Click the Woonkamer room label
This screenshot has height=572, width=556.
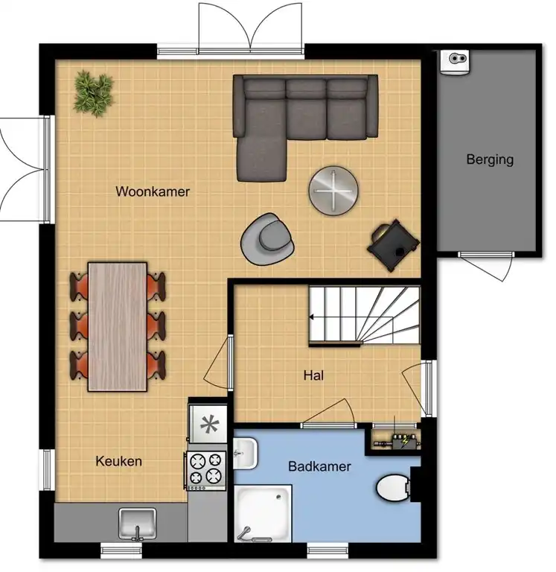tap(153, 191)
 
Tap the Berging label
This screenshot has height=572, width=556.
tap(490, 159)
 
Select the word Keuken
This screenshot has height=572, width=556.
tap(118, 461)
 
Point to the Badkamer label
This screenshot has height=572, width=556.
tap(319, 466)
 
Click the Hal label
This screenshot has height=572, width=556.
tap(313, 375)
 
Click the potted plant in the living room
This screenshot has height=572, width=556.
tap(94, 93)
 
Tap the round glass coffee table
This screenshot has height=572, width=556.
tap(333, 191)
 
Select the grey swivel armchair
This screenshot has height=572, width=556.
tap(267, 239)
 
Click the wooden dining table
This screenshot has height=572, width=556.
tap(118, 326)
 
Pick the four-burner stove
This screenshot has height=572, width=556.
tap(205, 471)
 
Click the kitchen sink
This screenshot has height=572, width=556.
tap(138, 524)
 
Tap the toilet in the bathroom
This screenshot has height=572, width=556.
tap(393, 488)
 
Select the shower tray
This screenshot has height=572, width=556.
tap(263, 513)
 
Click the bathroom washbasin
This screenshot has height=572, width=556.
tap(245, 454)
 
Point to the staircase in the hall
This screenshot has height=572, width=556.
tap(365, 316)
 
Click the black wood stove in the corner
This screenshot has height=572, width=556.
tap(393, 245)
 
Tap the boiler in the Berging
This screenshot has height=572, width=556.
tap(454, 62)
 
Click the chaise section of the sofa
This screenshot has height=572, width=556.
tap(261, 159)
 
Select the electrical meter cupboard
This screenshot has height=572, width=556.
tap(395, 442)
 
